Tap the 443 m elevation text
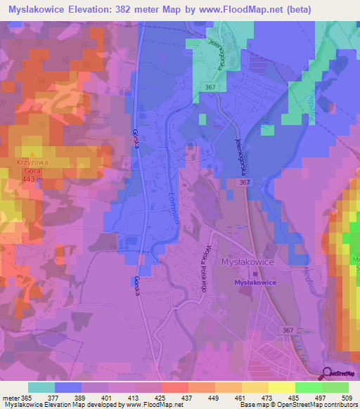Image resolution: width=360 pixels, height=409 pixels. [x=31, y=179]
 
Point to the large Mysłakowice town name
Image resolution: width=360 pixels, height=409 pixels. [x=252, y=262]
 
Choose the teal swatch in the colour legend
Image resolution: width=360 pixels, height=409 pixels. [x=41, y=387]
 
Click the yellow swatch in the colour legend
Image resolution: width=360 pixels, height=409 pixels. [x=281, y=387]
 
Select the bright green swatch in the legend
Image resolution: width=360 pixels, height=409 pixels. [x=309, y=387]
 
